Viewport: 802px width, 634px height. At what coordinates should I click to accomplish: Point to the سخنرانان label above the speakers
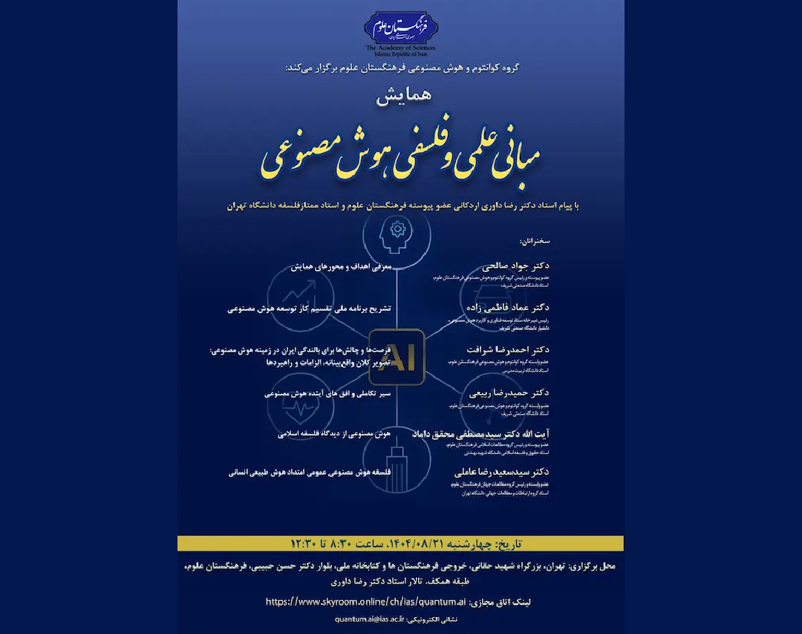pyautogui.click(x=534, y=242)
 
